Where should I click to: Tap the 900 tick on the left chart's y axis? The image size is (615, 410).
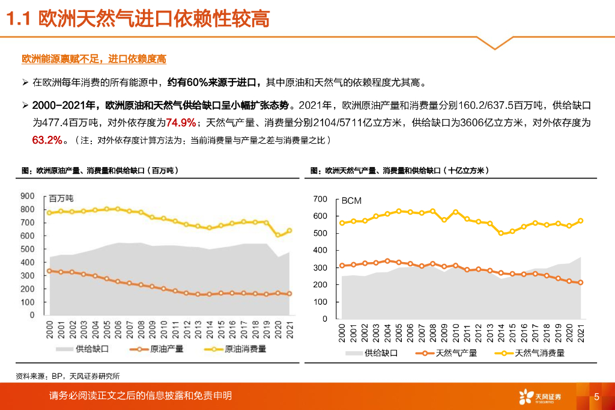pyautogui.click(x=28, y=195)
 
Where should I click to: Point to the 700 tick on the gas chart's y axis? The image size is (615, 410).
pyautogui.click(x=321, y=199)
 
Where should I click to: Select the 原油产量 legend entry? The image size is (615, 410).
pyautogui.click(x=159, y=348)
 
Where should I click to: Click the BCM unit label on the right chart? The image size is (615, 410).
pyautogui.click(x=352, y=201)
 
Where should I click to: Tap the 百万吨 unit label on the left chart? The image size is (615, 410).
pyautogui.click(x=61, y=198)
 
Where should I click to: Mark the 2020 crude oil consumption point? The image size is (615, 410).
pyautogui.click(x=277, y=235)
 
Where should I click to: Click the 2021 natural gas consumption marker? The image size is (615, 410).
pyautogui.click(x=580, y=221)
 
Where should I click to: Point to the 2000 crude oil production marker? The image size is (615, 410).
pyautogui.click(x=49, y=271)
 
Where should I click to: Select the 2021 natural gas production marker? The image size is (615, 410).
pyautogui.click(x=580, y=283)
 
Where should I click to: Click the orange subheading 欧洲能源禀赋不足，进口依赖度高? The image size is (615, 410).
pyautogui.click(x=94, y=58)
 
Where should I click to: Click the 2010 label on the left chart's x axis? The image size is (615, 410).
pyautogui.click(x=163, y=329)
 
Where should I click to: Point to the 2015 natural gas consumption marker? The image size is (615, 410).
pyautogui.click(x=512, y=231)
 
